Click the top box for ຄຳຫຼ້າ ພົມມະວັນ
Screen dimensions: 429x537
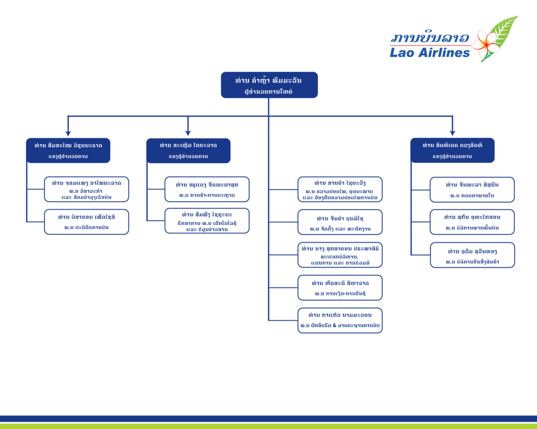[x=269, y=85]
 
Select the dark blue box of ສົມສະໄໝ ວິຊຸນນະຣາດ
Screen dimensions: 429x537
[x=68, y=150]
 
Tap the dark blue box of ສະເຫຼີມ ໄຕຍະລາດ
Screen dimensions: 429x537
[x=188, y=150]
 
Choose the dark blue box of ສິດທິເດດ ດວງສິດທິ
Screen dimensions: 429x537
[x=452, y=150]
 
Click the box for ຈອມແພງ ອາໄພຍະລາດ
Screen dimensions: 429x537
[x=87, y=189]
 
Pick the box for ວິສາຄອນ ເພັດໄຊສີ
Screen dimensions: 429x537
[x=87, y=222]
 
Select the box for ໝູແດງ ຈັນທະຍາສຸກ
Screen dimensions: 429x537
[x=207, y=189]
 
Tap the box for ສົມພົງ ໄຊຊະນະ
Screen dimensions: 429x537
[x=207, y=221]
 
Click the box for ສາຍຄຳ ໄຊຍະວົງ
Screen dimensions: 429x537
[x=340, y=189]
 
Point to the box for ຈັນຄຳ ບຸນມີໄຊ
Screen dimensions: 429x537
[x=340, y=222]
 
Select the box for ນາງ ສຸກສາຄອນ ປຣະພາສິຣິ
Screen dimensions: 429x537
[x=340, y=255]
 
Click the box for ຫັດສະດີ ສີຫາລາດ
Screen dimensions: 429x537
[x=340, y=288]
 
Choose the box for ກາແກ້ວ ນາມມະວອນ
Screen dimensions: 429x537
[x=340, y=320]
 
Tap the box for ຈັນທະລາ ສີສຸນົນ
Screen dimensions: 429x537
[x=472, y=190]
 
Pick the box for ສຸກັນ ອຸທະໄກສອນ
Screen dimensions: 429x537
[x=472, y=222]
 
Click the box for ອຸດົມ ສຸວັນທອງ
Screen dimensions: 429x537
[x=472, y=255]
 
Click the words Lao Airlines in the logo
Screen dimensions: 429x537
[x=429, y=52]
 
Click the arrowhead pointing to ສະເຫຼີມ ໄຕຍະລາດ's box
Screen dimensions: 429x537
[x=188, y=133]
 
